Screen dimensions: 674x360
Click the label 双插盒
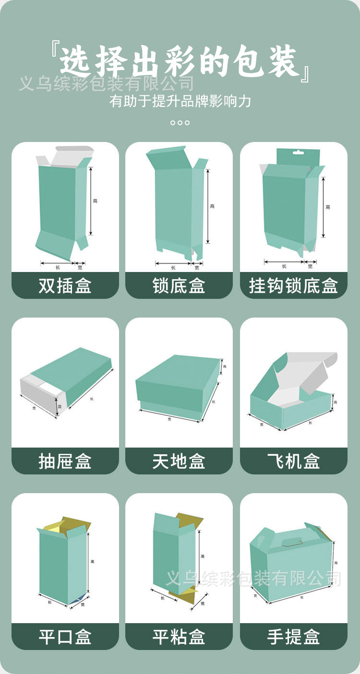tap(65, 286)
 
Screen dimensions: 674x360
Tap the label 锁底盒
tap(179, 286)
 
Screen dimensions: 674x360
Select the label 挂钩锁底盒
tap(293, 286)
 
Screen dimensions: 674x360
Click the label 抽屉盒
tap(65, 461)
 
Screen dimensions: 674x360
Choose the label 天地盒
tap(179, 461)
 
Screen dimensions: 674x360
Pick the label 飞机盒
tap(293, 461)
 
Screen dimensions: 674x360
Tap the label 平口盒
tap(65, 637)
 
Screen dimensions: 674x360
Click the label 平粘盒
tap(179, 637)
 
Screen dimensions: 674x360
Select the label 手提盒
tap(293, 637)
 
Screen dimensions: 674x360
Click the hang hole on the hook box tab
tap(298, 154)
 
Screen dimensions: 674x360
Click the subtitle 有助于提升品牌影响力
tap(180, 101)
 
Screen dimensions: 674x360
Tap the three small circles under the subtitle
tap(180, 122)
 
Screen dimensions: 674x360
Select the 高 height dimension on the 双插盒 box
tap(95, 201)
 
